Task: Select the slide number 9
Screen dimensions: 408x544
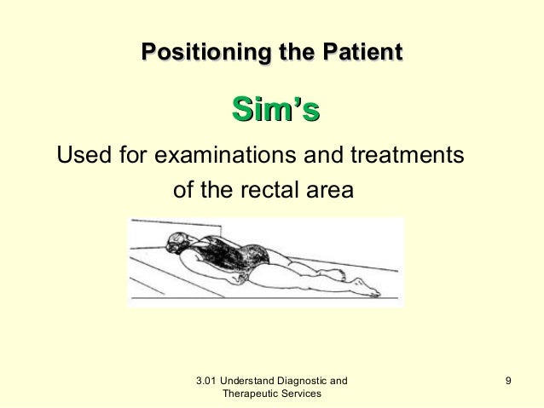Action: tap(508, 379)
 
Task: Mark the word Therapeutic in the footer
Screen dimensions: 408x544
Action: tap(250, 394)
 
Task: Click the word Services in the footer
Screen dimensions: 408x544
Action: tap(302, 394)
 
